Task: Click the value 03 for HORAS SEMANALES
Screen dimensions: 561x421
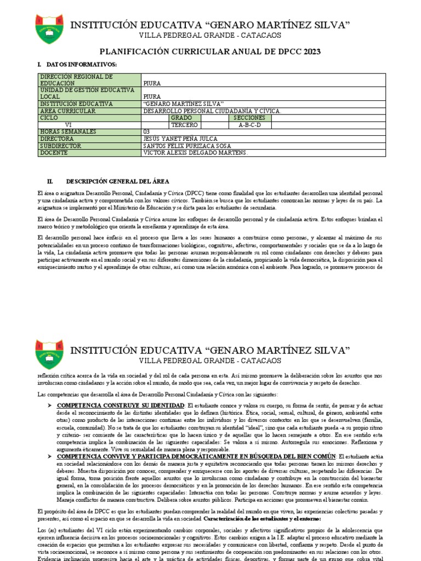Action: click(146, 131)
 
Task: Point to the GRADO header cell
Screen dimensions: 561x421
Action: click(181, 118)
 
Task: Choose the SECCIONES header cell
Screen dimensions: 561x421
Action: click(249, 118)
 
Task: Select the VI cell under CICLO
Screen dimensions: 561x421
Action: click(68, 125)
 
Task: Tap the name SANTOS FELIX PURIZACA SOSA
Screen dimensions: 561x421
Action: click(187, 146)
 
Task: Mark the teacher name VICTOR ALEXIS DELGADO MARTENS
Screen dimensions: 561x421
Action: click(195, 153)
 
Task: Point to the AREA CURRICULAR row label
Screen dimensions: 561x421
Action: click(67, 111)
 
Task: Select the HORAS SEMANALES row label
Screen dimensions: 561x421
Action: click(67, 131)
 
